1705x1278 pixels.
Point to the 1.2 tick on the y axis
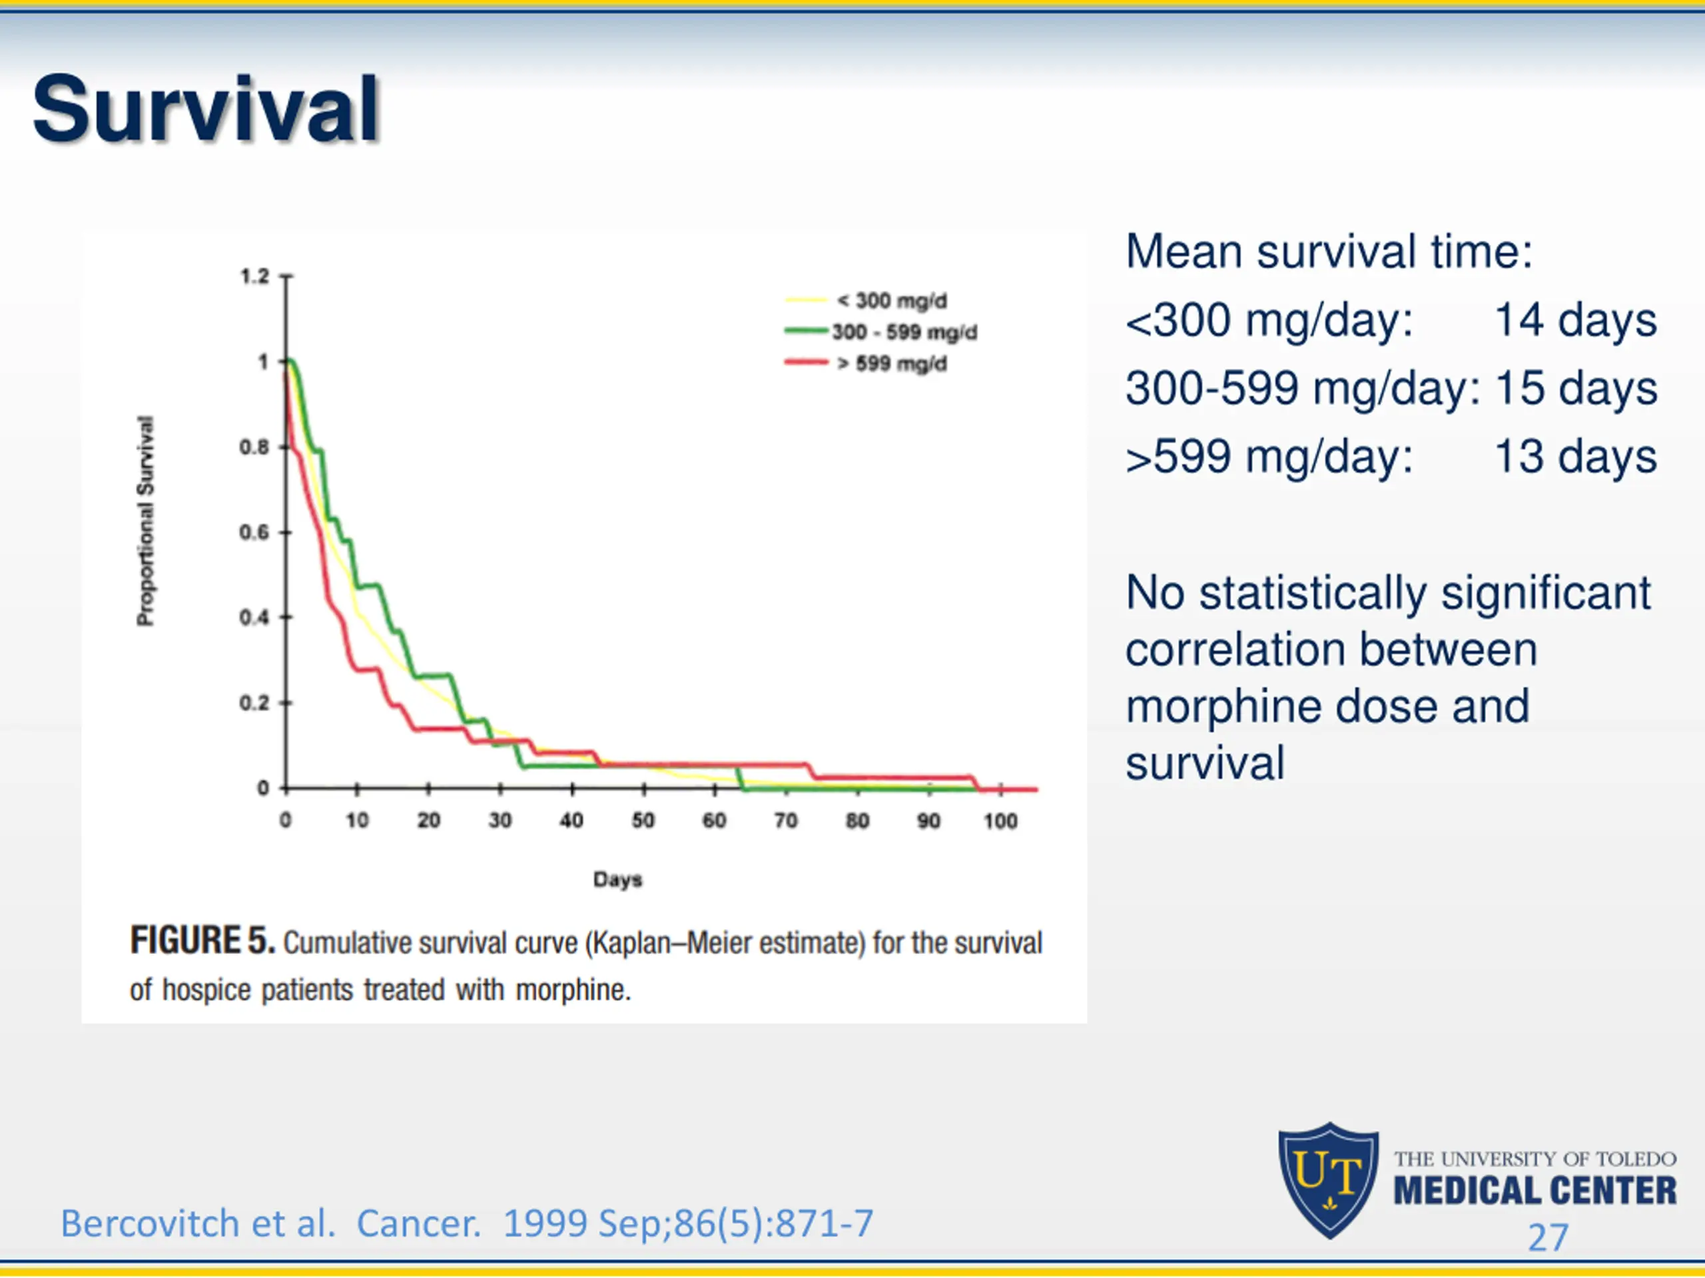[x=254, y=276]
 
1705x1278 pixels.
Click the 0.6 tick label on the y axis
[x=254, y=532]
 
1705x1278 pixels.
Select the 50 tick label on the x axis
[x=643, y=821]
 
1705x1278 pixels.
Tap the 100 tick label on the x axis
[x=1000, y=821]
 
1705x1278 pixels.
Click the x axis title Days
[x=617, y=880]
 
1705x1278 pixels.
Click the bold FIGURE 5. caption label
[x=202, y=941]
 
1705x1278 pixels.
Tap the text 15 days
[x=1574, y=387]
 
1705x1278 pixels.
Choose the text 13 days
[x=1574, y=456]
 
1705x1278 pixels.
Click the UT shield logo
[x=1328, y=1179]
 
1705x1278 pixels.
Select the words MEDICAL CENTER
[x=1534, y=1191]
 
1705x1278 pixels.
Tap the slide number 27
[x=1548, y=1238]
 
